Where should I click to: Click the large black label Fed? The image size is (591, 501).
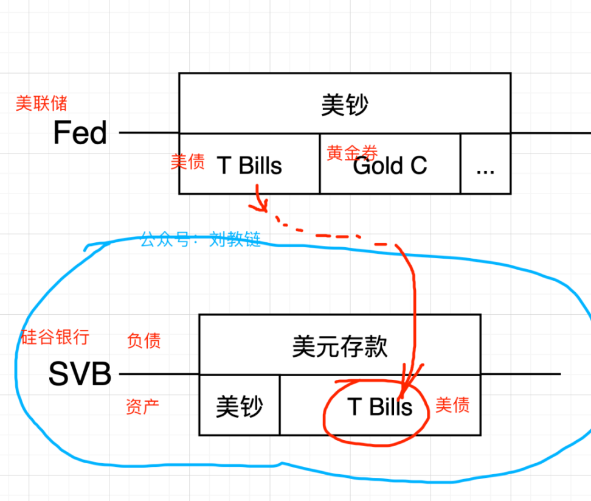[x=80, y=133]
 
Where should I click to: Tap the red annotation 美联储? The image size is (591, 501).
[x=41, y=103]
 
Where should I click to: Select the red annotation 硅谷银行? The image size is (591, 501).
[x=55, y=337]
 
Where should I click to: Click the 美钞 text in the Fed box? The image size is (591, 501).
[x=344, y=105]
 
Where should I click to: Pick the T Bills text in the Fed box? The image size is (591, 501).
[x=250, y=165]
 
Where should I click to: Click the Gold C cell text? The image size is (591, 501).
[x=390, y=166]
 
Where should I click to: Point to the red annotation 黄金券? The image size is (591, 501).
[x=352, y=152]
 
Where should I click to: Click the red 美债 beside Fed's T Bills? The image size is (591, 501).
[x=187, y=161]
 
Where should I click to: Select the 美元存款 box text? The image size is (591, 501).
[x=340, y=347]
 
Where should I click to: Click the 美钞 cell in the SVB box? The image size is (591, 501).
[x=239, y=407]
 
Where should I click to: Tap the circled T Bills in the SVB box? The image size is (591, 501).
[x=379, y=407]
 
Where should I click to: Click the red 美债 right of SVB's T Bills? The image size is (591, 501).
[x=452, y=405]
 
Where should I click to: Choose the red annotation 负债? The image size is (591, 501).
[x=144, y=341]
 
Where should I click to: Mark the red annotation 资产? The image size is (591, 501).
[x=143, y=407]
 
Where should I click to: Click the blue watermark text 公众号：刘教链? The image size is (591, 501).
[x=201, y=239]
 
